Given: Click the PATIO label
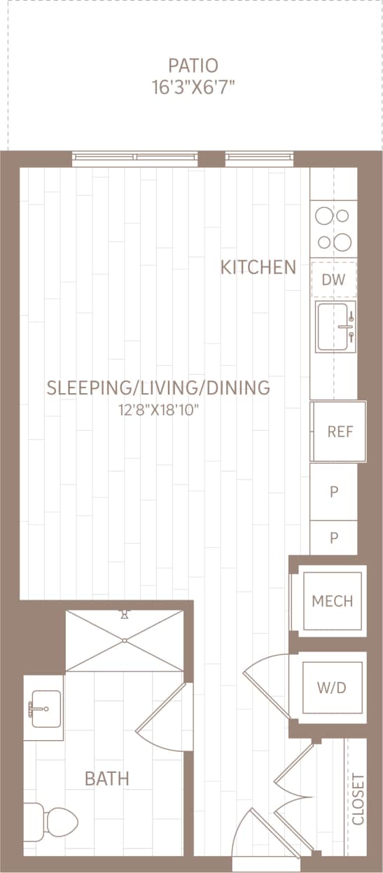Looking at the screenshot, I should point(193,66).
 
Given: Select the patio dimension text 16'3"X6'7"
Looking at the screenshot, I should point(193,87).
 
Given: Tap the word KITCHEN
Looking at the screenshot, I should point(258,267).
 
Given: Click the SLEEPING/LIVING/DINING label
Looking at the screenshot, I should point(158,388).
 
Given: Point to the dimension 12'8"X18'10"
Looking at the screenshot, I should point(159,409).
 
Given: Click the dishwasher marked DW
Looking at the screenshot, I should point(334,280).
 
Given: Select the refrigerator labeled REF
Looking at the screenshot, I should point(339,431).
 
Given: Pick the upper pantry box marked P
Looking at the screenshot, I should point(334,492).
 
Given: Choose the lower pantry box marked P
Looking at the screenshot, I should point(334,538).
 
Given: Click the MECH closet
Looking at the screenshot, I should point(332,601).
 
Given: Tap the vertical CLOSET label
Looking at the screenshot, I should point(358,799).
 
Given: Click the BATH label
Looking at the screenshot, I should point(107,778).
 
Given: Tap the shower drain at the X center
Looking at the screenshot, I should point(125,640).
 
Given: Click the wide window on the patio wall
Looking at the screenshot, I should point(134,159).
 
